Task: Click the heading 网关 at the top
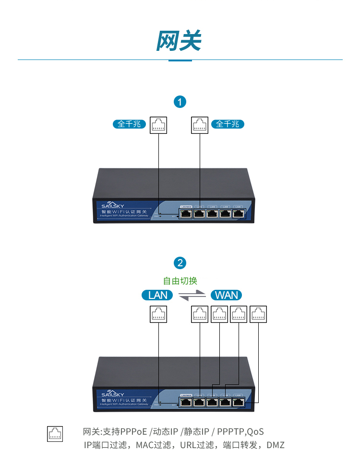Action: (x=179, y=41)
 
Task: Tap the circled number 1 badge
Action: (x=180, y=102)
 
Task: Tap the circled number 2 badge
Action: (x=180, y=263)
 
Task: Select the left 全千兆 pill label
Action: (x=129, y=124)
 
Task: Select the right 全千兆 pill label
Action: (x=227, y=124)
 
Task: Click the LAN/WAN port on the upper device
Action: (x=186, y=214)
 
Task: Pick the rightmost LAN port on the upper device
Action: (x=238, y=214)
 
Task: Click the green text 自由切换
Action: (x=180, y=281)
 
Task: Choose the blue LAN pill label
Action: (x=158, y=295)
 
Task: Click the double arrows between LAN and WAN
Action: (x=192, y=296)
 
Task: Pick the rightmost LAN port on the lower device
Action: (x=238, y=402)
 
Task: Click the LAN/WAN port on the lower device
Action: (x=186, y=402)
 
